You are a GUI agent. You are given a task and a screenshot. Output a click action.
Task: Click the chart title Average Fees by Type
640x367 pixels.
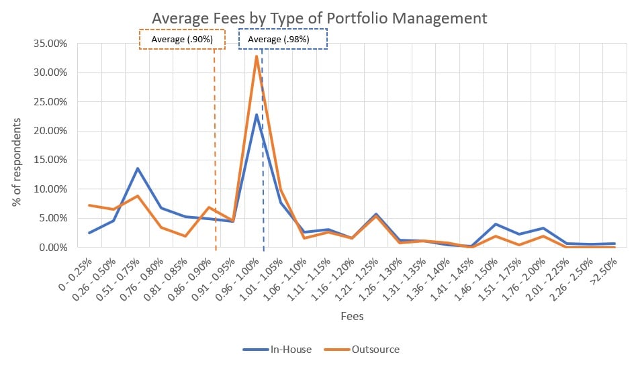coord(320,18)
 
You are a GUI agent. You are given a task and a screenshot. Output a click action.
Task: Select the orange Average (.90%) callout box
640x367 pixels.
coord(182,40)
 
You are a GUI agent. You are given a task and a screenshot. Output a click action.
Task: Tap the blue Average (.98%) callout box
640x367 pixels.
coord(283,40)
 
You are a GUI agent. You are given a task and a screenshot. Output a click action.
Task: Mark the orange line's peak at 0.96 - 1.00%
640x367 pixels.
coord(257,56)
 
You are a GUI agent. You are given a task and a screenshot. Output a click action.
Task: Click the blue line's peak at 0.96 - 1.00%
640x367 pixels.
coord(257,115)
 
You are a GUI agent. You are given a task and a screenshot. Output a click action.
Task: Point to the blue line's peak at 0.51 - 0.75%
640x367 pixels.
coord(138,168)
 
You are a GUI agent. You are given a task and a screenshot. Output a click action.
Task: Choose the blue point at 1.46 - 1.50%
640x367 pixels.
coord(495,224)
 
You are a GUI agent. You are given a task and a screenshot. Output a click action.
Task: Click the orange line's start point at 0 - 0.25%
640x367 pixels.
coord(90,205)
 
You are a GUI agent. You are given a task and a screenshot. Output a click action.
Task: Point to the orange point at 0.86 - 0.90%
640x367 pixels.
coord(209,207)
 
